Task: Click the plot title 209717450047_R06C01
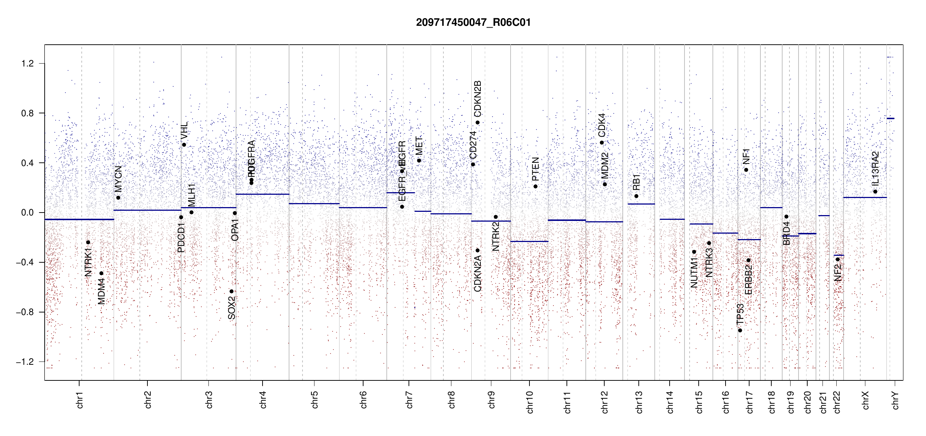[x=473, y=23]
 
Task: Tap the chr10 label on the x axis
[x=530, y=402]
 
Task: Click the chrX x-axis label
[x=866, y=400]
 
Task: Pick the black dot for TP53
[x=740, y=330]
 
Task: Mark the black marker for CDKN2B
[x=478, y=122]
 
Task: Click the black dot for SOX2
[x=231, y=291]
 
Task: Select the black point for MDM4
[x=102, y=273]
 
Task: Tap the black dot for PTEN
[x=535, y=186]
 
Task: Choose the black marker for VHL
[x=184, y=145]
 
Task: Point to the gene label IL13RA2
[x=875, y=168]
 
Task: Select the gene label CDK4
[x=602, y=125]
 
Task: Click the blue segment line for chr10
[x=529, y=241]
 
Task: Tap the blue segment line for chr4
[x=262, y=194]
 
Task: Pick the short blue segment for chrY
[x=890, y=118]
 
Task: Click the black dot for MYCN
[x=118, y=198]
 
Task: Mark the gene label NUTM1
[x=694, y=272]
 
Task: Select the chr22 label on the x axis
[x=837, y=402]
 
